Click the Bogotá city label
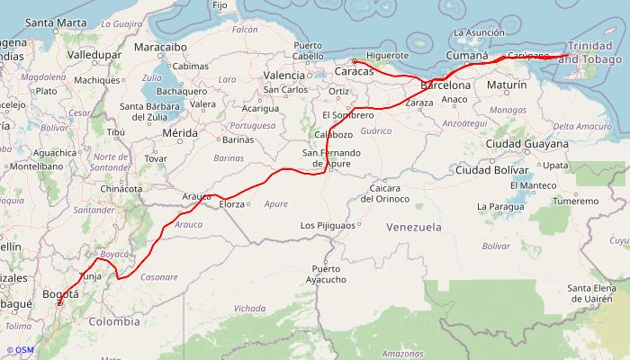60,294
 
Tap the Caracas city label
359,71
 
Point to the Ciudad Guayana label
526,144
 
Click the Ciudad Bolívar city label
491,170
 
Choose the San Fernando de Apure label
332,158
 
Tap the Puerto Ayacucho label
327,274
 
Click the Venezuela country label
414,227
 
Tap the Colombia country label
113,321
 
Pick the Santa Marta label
56,22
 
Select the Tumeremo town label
574,201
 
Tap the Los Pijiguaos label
329,225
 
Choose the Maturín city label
506,85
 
